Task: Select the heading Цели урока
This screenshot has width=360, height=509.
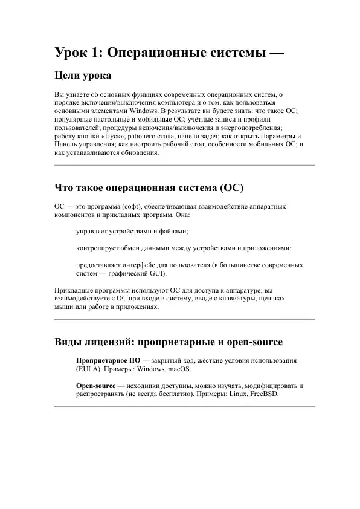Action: coord(82,77)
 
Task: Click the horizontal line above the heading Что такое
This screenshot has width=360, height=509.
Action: coord(184,165)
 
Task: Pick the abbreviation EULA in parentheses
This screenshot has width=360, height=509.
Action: coord(89,369)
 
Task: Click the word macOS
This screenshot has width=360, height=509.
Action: coord(178,369)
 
